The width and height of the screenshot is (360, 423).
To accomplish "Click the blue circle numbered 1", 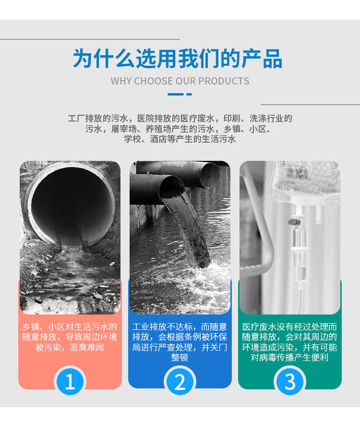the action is point(70,381).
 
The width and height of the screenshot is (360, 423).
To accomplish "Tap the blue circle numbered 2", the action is point(180,381).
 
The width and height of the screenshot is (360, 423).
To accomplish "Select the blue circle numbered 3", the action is point(290,381).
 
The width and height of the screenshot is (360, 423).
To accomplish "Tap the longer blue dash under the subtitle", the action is point(176,94).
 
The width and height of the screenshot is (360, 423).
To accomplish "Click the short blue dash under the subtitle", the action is point(189,94).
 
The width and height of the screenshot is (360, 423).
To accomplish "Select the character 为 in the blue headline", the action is point(83,58).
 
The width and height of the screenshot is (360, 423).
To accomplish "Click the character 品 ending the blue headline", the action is point(272,58).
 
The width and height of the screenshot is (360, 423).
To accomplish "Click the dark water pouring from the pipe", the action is point(189,230).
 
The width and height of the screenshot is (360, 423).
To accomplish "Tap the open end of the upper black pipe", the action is point(210,175).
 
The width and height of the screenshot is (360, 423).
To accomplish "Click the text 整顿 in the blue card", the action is point(180,357).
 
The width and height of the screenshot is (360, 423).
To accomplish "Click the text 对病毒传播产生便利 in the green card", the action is point(289,357).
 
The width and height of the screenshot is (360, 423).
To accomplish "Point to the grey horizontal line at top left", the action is point(90,39).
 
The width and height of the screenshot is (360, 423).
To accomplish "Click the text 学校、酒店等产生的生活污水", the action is point(180,139).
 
